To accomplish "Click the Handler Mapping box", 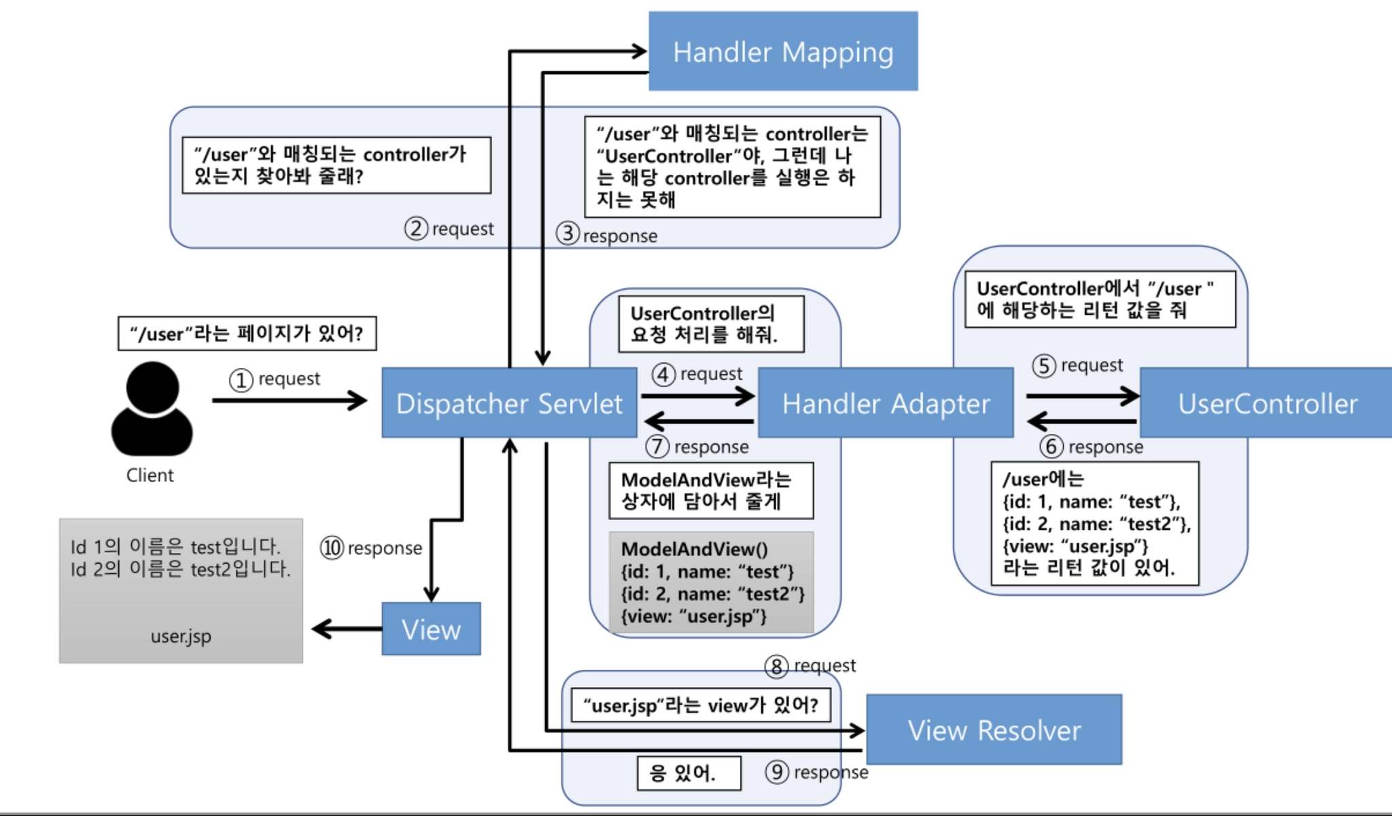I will point(783,52).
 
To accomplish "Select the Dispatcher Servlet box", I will point(509,403).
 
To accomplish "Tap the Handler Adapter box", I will point(886,403).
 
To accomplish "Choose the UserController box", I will point(1266,403).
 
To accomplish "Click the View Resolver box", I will point(994,730).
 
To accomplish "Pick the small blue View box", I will point(431,629).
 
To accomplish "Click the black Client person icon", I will point(152,409).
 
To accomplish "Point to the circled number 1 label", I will point(241,379).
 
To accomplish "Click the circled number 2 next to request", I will point(416,228).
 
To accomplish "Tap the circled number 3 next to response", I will point(568,234).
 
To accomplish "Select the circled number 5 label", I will point(1044,366).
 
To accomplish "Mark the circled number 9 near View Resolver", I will point(777,772).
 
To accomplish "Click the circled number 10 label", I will point(332,547).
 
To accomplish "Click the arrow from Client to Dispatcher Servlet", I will point(289,401).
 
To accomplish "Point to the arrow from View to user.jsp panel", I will point(347,629).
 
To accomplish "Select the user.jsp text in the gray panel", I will point(181,636).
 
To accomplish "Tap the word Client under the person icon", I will point(150,475).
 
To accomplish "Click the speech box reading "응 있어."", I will point(689,773).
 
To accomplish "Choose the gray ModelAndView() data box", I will point(711,583).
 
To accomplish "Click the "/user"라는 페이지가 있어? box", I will point(247,334).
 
